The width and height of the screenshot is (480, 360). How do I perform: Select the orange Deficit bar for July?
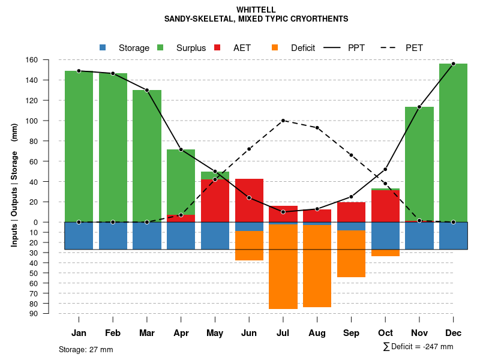pyautogui.click(x=283, y=266)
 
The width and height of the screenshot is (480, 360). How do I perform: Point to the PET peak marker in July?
pyautogui.click(x=283, y=121)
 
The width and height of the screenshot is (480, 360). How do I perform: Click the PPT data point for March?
pyautogui.click(x=147, y=90)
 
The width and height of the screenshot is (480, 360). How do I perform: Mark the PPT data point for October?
pyautogui.click(x=385, y=169)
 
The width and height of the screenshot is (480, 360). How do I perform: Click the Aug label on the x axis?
pyautogui.click(x=317, y=333)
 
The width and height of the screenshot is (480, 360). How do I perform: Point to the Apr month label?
pyautogui.click(x=181, y=333)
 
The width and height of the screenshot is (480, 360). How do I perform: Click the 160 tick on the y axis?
pyautogui.click(x=48, y=60)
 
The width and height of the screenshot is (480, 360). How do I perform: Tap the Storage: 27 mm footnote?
pyautogui.click(x=86, y=349)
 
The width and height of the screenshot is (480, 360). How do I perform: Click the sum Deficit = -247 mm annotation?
pyautogui.click(x=418, y=347)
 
